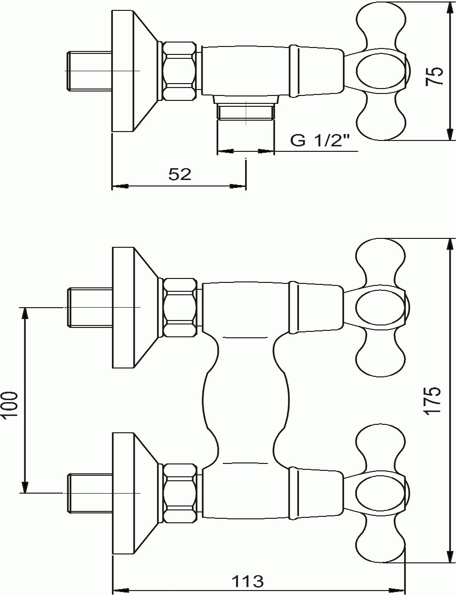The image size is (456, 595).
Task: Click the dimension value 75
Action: pyautogui.click(x=435, y=76)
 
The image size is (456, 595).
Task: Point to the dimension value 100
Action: pyautogui.click(x=10, y=404)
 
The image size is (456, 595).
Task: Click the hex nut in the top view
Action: pyautogui.click(x=180, y=71)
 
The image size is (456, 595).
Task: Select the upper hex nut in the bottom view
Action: pyautogui.click(x=180, y=308)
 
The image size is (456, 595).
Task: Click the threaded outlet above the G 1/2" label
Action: pyautogui.click(x=246, y=113)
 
